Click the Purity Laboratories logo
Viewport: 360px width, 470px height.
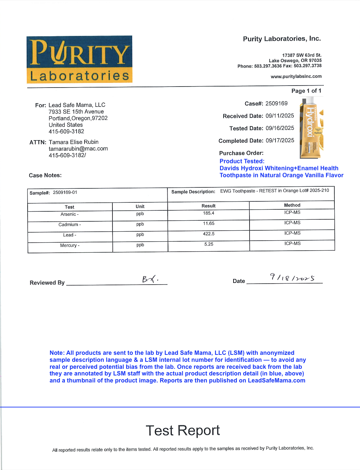pyautogui.click(x=80, y=59)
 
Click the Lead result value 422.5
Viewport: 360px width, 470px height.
pyautogui.click(x=209, y=234)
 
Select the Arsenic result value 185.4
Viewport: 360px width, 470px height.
pyautogui.click(x=209, y=213)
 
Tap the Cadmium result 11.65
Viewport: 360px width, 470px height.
pyautogui.click(x=209, y=224)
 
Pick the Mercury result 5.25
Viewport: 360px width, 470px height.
pyautogui.click(x=209, y=244)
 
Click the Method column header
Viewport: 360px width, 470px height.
pyautogui.click(x=292, y=205)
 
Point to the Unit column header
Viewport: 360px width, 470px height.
pyautogui.click(x=140, y=207)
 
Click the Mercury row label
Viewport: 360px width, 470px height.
pyautogui.click(x=70, y=246)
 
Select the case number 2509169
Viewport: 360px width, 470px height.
pyautogui.click(x=276, y=104)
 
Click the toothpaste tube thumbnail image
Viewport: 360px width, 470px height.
pyautogui.click(x=311, y=127)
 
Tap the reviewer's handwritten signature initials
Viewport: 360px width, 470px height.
pyautogui.click(x=150, y=279)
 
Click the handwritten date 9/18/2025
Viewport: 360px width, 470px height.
pyautogui.click(x=292, y=277)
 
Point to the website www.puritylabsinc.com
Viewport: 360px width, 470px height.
pyautogui.click(x=296, y=77)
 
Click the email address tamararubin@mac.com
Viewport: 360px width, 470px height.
pyautogui.click(x=78, y=149)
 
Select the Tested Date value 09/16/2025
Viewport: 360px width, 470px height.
pyautogui.click(x=280, y=128)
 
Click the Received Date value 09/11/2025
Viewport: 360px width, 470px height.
pyautogui.click(x=280, y=116)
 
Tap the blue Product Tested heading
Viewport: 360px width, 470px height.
pyautogui.click(x=242, y=161)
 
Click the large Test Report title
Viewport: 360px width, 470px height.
pyautogui.click(x=183, y=430)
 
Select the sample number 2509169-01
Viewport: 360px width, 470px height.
pyautogui.click(x=65, y=192)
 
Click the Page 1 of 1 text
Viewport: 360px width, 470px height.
pyautogui.click(x=306, y=91)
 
